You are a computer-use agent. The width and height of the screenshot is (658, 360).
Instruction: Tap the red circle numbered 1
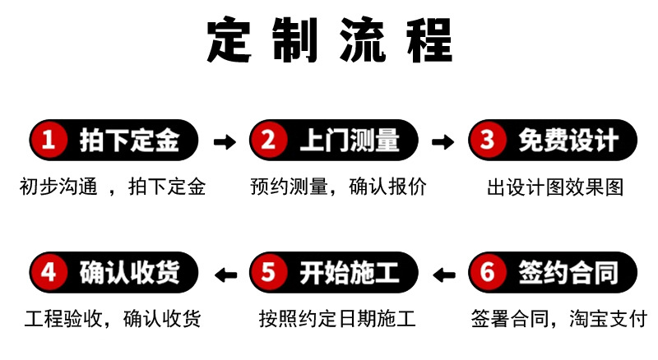(49, 141)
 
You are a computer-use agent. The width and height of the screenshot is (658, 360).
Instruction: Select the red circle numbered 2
(268, 141)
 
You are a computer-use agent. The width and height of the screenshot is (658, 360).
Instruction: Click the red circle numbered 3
(488, 141)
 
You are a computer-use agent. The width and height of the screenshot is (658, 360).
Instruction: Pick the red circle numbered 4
(49, 272)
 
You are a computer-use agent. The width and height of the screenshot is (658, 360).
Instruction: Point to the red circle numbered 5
(268, 272)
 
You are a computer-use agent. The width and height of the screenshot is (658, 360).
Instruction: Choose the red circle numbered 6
(488, 272)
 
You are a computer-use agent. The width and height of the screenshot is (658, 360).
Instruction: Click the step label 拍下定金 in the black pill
(129, 141)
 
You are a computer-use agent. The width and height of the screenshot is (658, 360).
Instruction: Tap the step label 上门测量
(349, 141)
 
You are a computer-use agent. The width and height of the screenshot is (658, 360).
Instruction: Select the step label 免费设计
(568, 141)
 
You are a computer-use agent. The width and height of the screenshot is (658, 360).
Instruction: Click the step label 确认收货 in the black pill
(129, 272)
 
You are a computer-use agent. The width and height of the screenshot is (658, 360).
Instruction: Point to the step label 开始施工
(349, 272)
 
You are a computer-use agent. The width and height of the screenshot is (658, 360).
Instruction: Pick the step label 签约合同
(568, 272)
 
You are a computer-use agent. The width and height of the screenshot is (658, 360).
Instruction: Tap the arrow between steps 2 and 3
(443, 141)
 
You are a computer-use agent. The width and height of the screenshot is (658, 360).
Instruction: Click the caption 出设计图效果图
(555, 187)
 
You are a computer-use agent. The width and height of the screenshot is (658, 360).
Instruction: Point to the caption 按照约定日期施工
(336, 318)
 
